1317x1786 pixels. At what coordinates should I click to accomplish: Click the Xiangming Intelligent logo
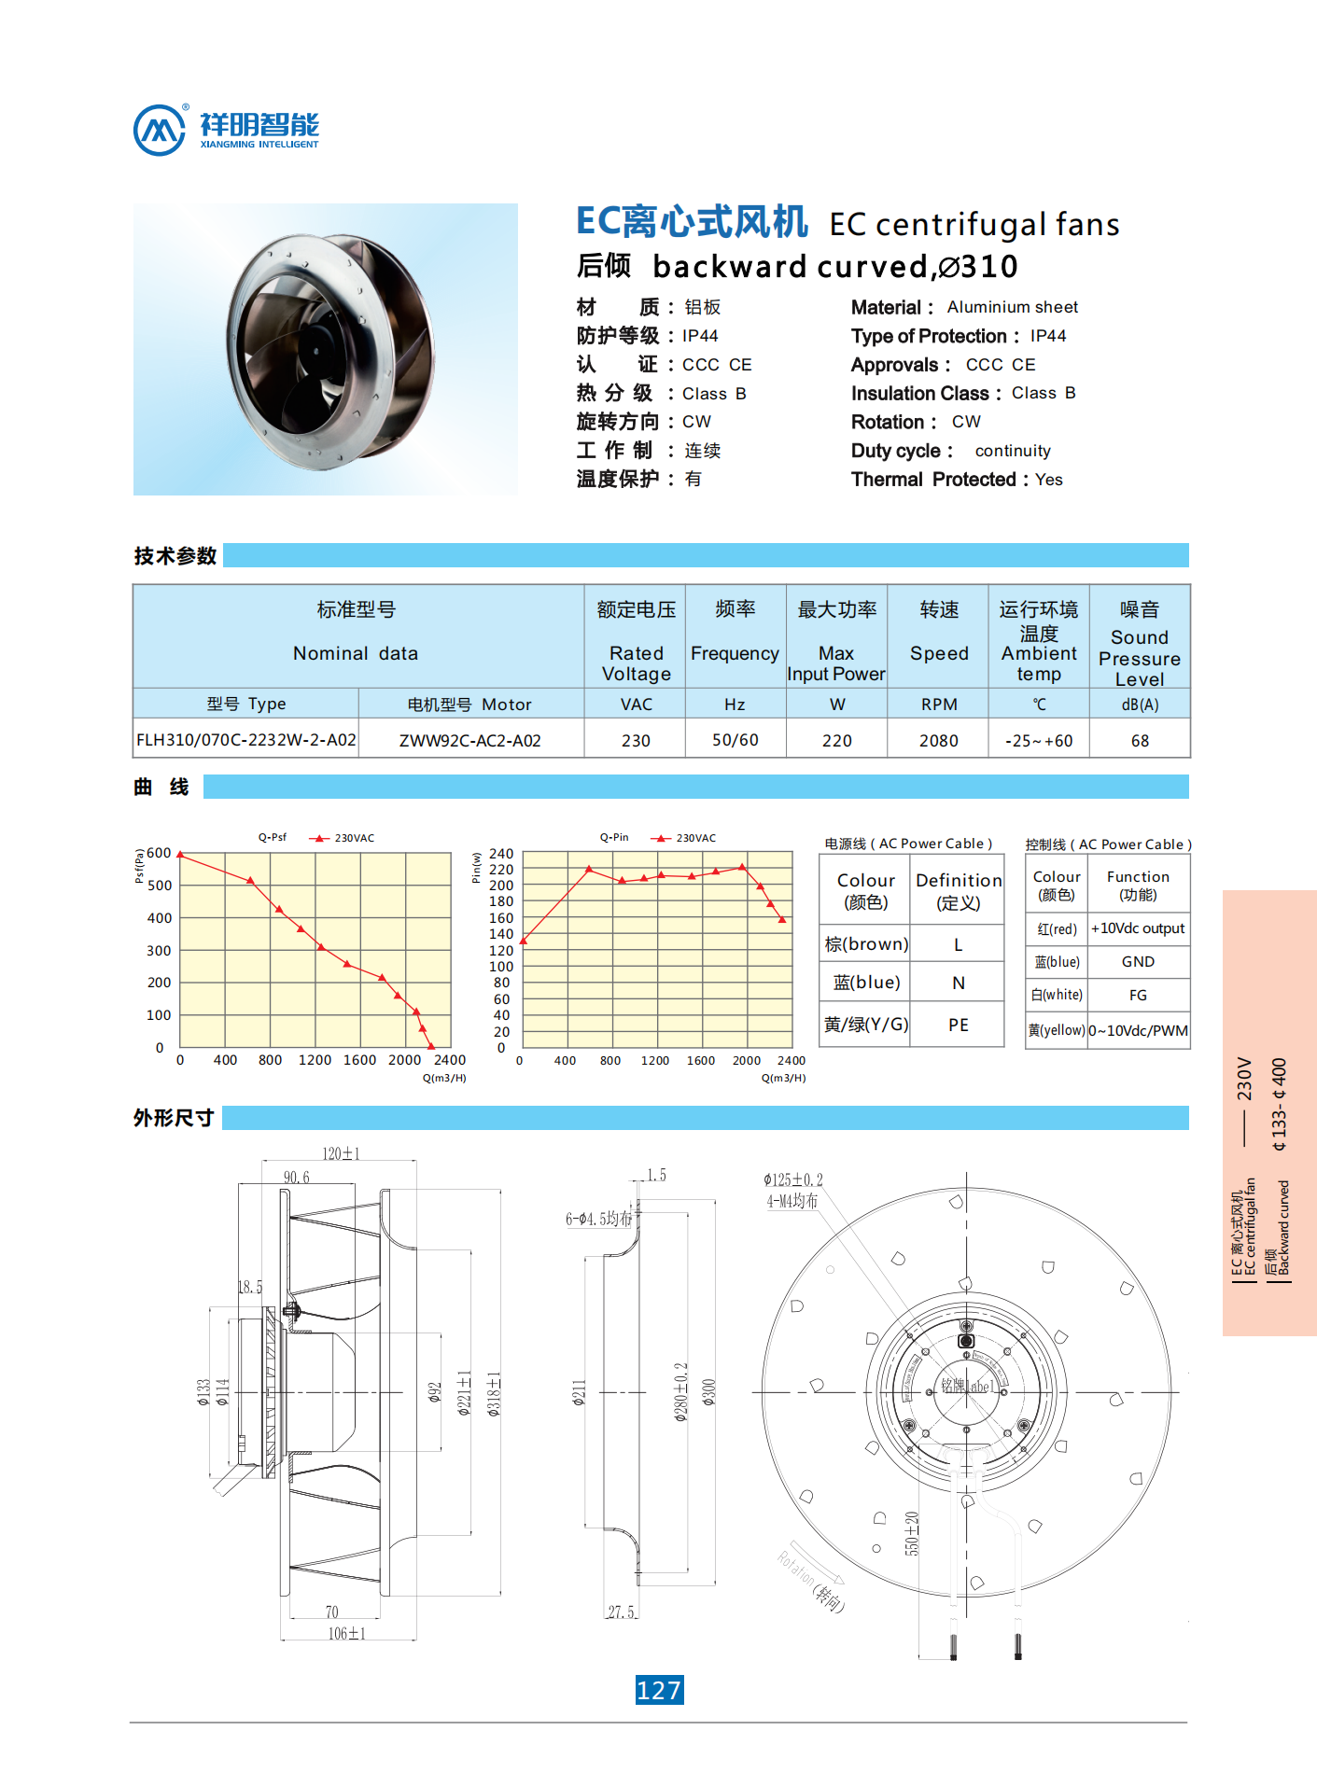226,129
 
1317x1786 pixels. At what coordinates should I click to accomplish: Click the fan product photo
325,349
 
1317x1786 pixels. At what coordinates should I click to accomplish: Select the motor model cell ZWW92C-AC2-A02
469,741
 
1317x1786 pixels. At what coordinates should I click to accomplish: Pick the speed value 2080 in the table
938,741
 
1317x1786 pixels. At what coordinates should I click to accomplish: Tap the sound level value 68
1140,741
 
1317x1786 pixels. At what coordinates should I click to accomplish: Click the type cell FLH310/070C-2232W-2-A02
246,740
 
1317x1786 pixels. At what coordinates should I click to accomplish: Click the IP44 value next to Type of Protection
1048,336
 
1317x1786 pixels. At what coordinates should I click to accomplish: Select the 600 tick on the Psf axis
160,853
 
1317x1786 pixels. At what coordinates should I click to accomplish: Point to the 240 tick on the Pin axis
501,854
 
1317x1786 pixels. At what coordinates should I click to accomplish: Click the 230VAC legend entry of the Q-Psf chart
343,838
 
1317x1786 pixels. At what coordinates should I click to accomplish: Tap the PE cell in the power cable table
958,1025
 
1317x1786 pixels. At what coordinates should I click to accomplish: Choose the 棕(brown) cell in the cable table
866,944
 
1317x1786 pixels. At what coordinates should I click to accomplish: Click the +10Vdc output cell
1138,928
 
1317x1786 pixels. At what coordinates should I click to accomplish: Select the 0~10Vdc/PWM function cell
1138,1030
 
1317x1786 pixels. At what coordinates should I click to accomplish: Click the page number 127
659,1690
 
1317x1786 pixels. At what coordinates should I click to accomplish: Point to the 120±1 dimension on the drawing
340,1154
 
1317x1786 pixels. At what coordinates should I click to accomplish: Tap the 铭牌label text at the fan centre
965,1386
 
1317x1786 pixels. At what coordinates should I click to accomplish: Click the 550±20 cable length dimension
912,1533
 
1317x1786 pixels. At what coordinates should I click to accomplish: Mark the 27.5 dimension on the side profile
621,1612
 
